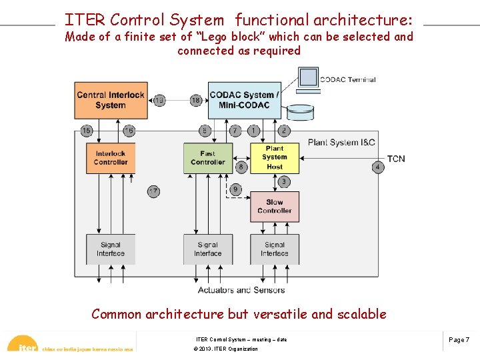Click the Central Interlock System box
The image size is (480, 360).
(110, 100)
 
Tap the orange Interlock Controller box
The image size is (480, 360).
(111, 158)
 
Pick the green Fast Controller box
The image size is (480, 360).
(208, 158)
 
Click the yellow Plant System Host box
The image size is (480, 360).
(275, 158)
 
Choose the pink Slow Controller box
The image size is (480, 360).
(275, 207)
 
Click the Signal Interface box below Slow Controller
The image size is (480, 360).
(275, 249)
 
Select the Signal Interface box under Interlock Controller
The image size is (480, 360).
(111, 249)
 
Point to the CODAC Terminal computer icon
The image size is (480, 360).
(308, 78)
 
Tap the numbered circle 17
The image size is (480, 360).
(153, 192)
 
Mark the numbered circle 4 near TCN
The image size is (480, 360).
(378, 167)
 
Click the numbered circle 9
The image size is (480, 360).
(235, 190)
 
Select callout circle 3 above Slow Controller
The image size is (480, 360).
(284, 182)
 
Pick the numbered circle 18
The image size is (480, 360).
(195, 100)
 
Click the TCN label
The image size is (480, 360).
(396, 159)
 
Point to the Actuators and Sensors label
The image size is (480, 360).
(241, 290)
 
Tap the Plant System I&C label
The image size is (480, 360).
(341, 142)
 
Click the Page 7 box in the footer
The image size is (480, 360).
(459, 340)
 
